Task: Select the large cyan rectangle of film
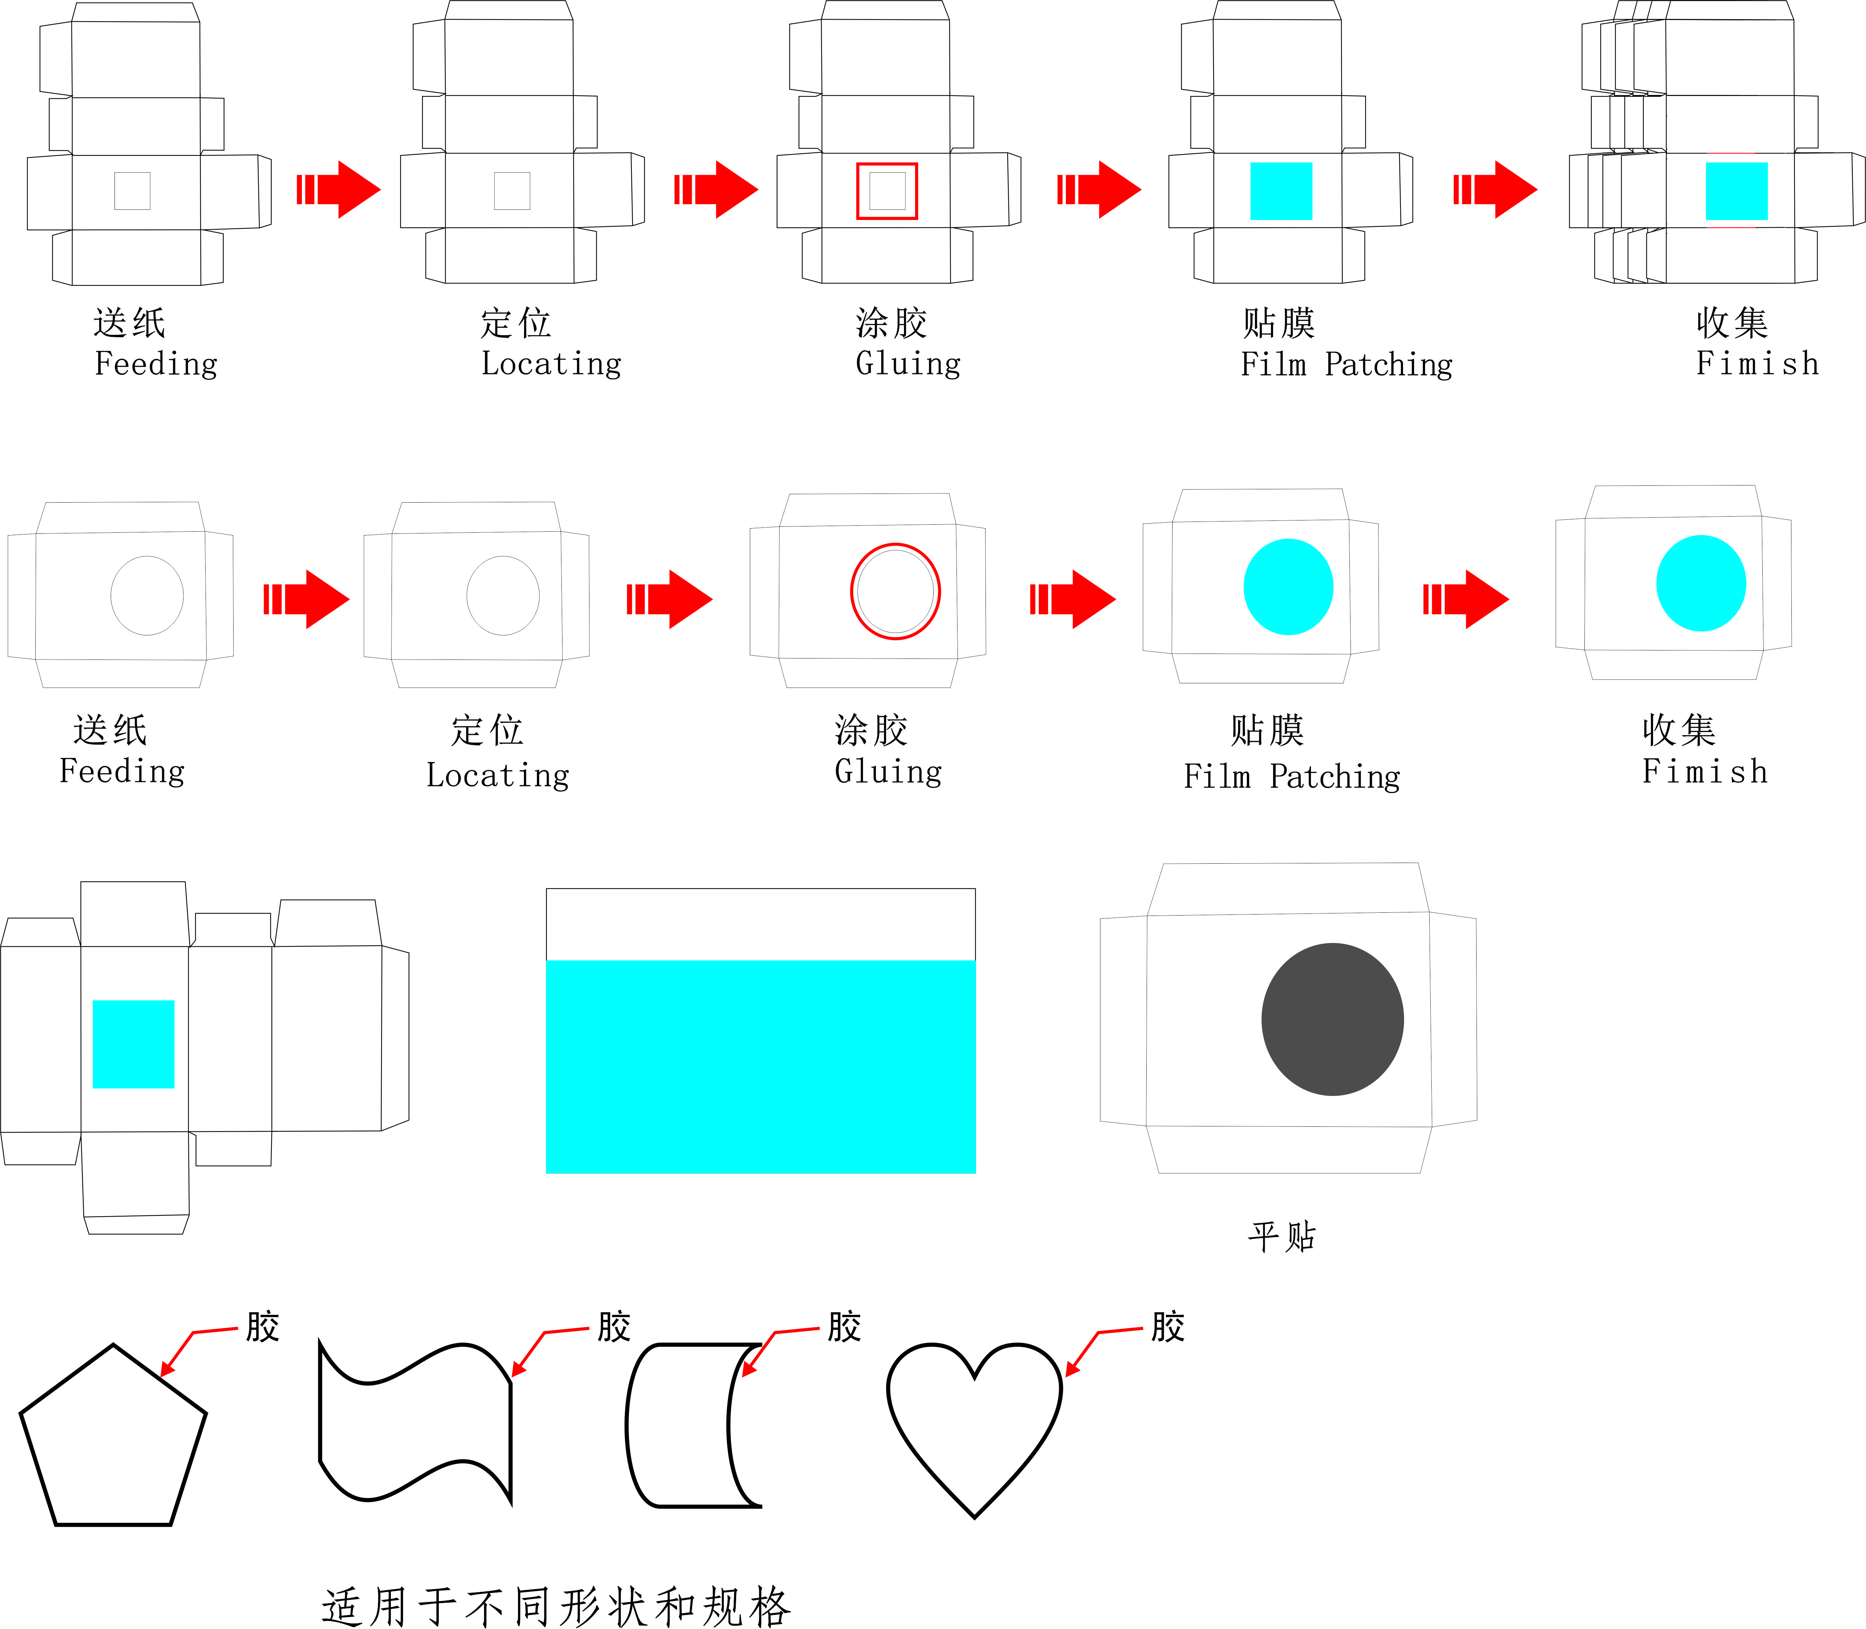(x=761, y=1066)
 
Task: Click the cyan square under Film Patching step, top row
(x=1281, y=191)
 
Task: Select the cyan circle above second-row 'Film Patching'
(x=1288, y=586)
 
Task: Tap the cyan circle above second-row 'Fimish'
(x=1701, y=583)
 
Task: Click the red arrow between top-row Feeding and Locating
(x=338, y=189)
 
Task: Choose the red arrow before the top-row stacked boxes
(x=1495, y=189)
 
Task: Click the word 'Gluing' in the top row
(x=908, y=364)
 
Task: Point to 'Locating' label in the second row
(x=498, y=775)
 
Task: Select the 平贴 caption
(x=1281, y=1236)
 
